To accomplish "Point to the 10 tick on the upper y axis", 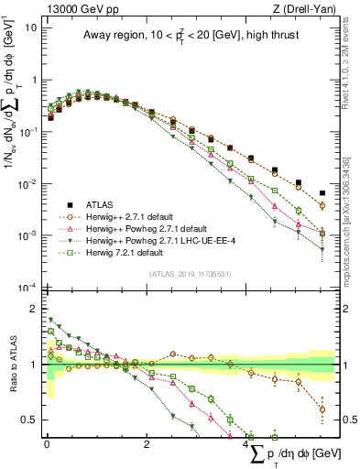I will pyautogui.click(x=31, y=27).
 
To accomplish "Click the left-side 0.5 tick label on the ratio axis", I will pyautogui.click(x=29, y=420).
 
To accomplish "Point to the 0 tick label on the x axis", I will pyautogui.click(x=47, y=444).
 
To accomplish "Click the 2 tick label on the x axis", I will pyautogui.click(x=147, y=444).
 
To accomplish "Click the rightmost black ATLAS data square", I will pyautogui.click(x=322, y=193).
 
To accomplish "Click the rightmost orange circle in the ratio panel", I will pyautogui.click(x=322, y=409).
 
